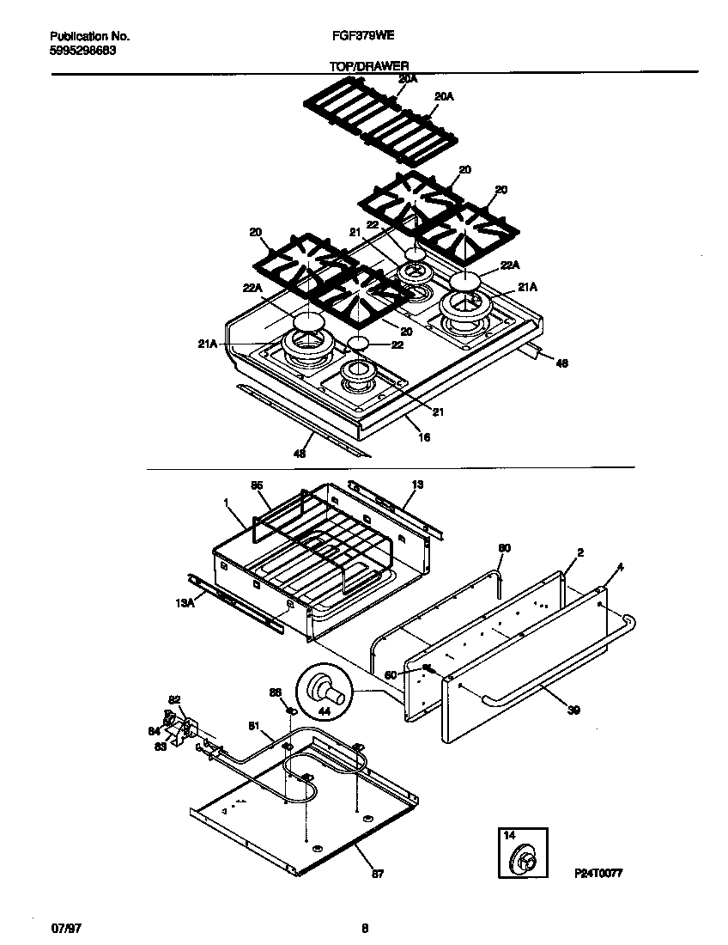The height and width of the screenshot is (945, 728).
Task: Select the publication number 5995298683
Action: pos(83,50)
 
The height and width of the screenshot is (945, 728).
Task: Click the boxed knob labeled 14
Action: pos(523,856)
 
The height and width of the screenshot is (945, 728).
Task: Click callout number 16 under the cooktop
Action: pos(423,437)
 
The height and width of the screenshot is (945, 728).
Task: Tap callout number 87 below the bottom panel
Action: pos(378,874)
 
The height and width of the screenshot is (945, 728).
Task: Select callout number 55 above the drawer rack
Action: pos(256,485)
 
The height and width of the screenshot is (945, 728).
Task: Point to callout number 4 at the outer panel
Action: pos(620,567)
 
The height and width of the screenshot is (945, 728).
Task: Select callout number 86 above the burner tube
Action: pos(275,692)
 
